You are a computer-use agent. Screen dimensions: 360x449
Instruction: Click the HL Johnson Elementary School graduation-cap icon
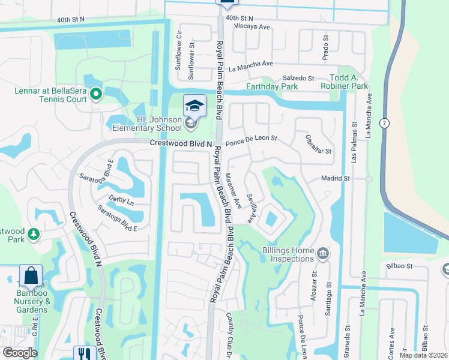coord(194,106)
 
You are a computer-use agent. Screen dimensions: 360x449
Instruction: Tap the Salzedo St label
coord(298,78)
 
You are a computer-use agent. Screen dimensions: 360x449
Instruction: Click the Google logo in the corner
coord(19,353)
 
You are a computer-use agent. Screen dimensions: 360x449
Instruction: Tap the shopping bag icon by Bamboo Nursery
coord(31,276)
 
